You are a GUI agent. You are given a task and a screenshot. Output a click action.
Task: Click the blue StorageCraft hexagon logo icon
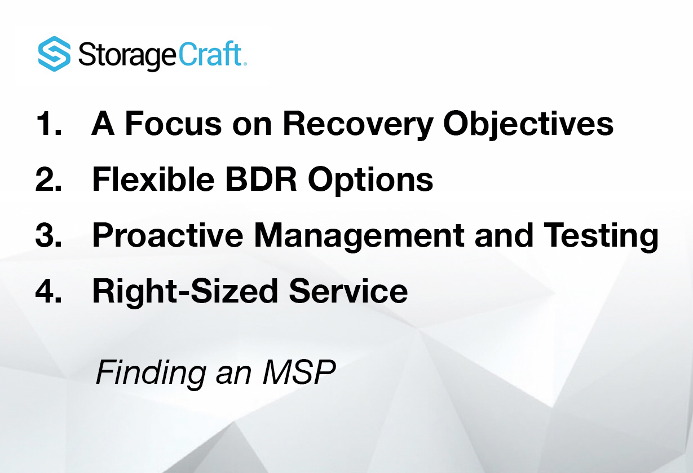(55, 54)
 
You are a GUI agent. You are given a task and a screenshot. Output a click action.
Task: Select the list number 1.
(47, 124)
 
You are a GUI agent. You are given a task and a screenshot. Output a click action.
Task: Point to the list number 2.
(48, 180)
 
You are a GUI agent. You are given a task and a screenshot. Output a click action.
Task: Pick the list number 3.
(48, 236)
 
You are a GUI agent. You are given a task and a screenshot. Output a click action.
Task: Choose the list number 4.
(48, 291)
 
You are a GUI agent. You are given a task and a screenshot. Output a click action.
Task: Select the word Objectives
(528, 125)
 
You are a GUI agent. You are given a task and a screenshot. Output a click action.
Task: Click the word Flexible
(153, 180)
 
